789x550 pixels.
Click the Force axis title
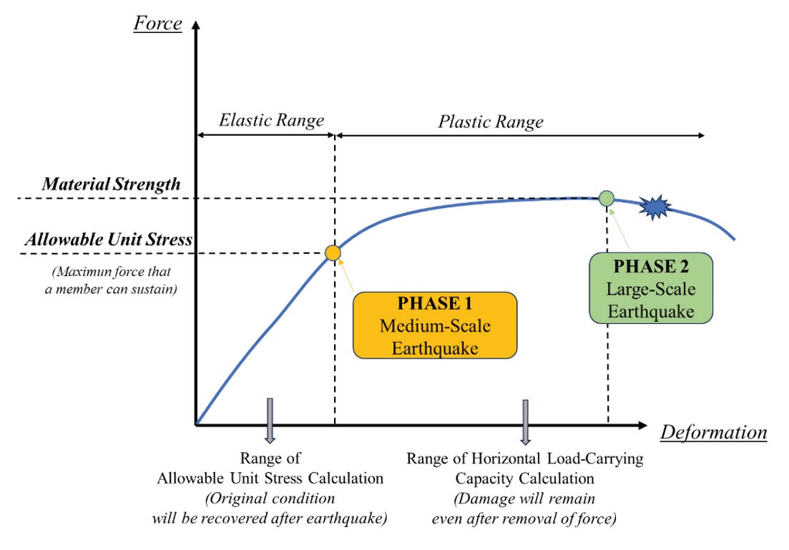[157, 24]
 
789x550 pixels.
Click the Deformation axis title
[713, 433]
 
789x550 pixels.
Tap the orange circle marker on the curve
[333, 252]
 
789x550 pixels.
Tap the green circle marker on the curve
[607, 198]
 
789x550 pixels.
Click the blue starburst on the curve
[655, 207]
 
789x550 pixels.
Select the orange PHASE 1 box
[435, 325]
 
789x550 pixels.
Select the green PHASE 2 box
[651, 288]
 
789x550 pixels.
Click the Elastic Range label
[271, 121]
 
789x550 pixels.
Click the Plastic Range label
[491, 122]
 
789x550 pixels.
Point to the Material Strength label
[111, 185]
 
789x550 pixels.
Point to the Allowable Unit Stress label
[109, 239]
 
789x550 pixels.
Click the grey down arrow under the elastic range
[270, 421]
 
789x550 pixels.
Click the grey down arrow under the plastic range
[525, 423]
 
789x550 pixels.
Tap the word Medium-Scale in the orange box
[435, 326]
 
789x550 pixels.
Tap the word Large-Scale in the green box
[651, 290]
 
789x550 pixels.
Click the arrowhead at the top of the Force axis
[196, 25]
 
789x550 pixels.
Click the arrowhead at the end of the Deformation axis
[642, 426]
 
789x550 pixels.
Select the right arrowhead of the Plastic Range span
[701, 135]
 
